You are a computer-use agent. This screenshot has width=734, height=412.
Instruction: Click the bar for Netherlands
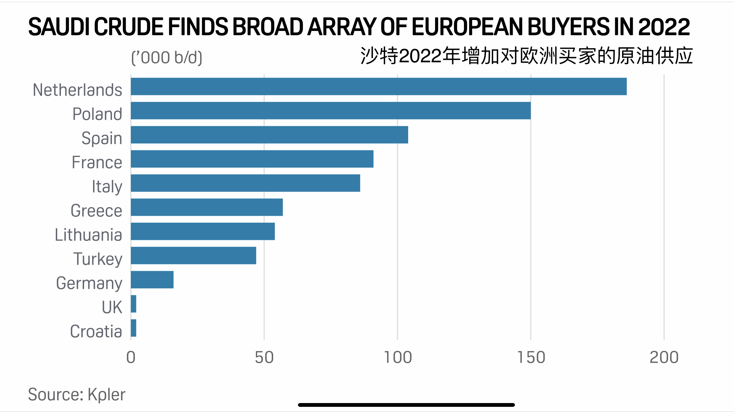pos(379,86)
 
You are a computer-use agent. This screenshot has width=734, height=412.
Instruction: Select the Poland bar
pos(331,110)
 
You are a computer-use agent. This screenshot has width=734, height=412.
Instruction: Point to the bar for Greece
pos(207,207)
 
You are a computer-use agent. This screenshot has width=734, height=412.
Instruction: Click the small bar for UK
pos(134,304)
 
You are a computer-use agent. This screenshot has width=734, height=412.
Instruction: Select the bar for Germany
pos(152,279)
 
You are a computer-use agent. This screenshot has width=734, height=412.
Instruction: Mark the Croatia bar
pos(134,328)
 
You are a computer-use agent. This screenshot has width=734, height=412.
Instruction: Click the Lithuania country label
pos(89,235)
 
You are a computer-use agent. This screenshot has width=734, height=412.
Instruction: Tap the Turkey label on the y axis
pos(98,259)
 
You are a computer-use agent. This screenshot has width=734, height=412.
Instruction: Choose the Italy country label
pos(107,187)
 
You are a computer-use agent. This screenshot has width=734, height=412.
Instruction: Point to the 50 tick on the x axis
pos(264,357)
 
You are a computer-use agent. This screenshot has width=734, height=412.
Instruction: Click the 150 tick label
pos(531,357)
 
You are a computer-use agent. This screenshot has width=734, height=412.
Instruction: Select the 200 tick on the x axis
pos(664,357)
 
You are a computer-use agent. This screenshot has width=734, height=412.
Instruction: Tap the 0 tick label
pos(131,357)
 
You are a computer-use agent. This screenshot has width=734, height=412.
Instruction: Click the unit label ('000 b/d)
pos(167,57)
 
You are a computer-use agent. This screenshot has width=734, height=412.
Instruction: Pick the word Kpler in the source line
pos(106,394)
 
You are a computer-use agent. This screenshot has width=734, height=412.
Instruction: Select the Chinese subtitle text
pos(526,56)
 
